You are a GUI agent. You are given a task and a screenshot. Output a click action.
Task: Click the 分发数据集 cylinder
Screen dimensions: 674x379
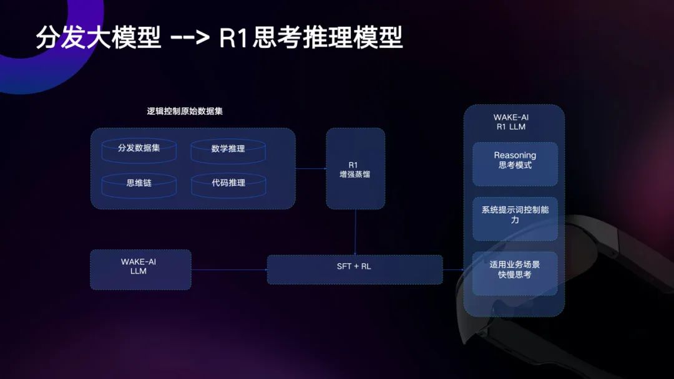[139, 150]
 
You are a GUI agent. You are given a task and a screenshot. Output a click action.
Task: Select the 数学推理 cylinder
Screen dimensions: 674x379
[228, 151]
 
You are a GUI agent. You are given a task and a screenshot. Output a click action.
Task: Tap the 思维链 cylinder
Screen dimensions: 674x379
[139, 185]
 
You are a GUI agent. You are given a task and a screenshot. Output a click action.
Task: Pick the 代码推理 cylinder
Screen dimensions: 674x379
[228, 185]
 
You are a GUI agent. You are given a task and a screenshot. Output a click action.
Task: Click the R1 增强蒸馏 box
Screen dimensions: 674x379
[356, 169]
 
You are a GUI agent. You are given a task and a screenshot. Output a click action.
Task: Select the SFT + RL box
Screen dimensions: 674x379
[354, 269]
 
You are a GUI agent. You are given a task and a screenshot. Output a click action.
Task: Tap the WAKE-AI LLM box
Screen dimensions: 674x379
[140, 269]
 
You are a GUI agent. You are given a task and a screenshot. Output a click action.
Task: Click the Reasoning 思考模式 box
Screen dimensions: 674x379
[515, 164]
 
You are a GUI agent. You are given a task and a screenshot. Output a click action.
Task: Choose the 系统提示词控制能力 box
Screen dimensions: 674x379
[515, 219]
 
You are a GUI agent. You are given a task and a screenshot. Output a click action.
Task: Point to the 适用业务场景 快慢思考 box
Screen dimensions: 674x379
[515, 274]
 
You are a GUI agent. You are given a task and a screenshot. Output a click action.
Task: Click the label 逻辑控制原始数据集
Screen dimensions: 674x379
[185, 111]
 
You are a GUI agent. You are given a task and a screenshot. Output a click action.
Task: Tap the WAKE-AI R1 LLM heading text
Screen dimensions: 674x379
[511, 122]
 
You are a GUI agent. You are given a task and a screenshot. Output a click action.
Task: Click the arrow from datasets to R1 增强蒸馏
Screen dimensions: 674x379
[311, 169]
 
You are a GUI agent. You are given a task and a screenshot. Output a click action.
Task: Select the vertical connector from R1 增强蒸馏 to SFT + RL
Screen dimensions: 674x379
[355, 233]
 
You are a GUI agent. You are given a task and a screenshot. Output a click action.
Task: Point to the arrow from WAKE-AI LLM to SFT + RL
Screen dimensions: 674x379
[230, 269]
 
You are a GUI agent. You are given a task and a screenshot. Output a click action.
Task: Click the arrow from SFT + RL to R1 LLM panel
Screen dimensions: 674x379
[454, 269]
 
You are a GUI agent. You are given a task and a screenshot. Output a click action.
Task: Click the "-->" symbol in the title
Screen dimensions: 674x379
[190, 37]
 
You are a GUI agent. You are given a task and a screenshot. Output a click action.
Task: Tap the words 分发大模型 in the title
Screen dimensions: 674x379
[99, 37]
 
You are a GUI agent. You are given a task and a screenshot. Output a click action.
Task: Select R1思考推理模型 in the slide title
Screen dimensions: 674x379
[311, 37]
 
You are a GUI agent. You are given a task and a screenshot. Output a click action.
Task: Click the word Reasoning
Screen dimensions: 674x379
[515, 155]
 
